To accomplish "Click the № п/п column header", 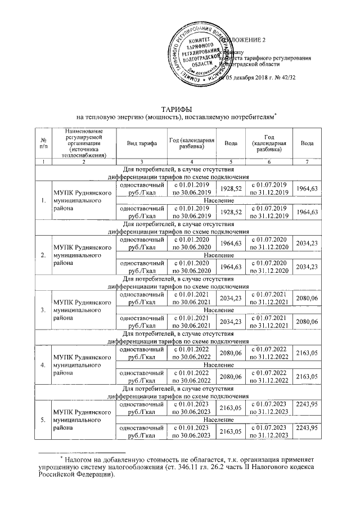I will pos(43,143).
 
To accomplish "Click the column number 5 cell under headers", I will pos(231,162).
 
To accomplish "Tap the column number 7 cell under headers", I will pos(307,162).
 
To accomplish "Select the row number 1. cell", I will pos(43,200).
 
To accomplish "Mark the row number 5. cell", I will pos(43,420).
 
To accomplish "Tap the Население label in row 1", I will pos(219,200).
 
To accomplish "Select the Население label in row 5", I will pos(219,420).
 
